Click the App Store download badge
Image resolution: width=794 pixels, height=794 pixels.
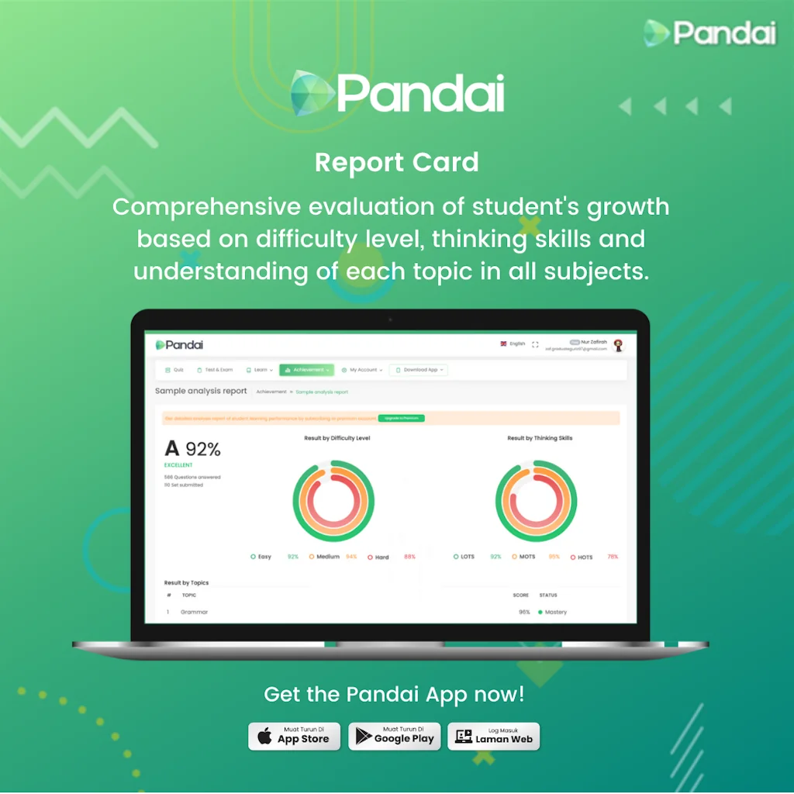click(295, 737)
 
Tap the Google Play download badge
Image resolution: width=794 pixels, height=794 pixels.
click(395, 737)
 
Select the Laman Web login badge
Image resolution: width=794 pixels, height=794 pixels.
click(494, 737)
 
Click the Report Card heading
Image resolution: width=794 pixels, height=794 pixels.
click(396, 163)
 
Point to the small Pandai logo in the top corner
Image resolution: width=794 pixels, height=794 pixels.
click(709, 33)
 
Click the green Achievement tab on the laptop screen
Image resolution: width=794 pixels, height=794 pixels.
click(306, 370)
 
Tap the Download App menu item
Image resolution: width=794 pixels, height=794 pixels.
click(419, 370)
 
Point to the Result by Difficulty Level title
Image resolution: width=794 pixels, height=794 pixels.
click(337, 438)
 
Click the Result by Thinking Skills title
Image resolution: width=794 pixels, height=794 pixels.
click(540, 438)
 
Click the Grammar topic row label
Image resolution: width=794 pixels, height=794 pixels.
click(194, 612)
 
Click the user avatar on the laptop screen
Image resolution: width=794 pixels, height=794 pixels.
click(618, 346)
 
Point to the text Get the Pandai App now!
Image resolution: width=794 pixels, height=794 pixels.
click(394, 694)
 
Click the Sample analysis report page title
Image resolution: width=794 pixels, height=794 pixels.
click(201, 391)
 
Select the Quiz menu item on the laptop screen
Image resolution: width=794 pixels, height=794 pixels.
click(174, 370)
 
